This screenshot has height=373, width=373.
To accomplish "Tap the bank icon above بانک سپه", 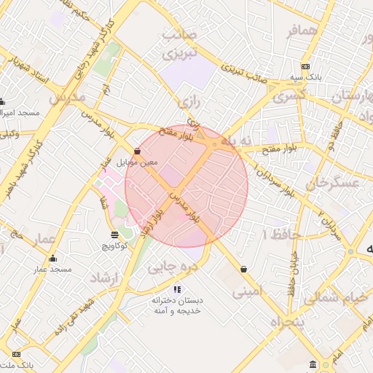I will [x=305, y=66].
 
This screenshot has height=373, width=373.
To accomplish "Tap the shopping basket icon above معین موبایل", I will [x=137, y=151].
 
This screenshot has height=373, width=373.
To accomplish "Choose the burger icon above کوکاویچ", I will [x=114, y=235].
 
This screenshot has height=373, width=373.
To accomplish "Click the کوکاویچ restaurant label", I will [x=114, y=246].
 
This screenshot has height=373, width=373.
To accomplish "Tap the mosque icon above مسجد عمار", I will [x=52, y=259].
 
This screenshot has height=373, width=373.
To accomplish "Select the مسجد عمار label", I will [x=52, y=270].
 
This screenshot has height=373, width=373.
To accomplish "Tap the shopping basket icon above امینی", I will [x=243, y=270].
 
